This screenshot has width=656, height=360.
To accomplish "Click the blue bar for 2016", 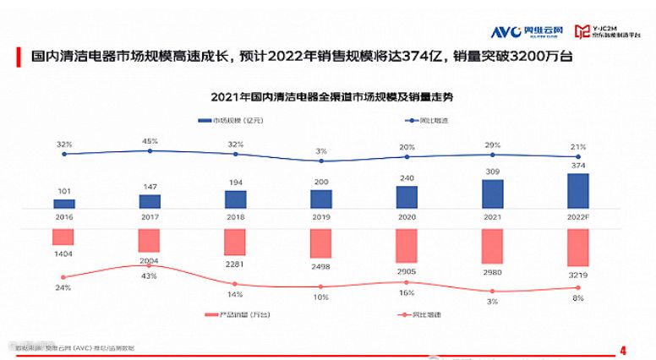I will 64,204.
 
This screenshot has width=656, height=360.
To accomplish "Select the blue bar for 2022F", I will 578,191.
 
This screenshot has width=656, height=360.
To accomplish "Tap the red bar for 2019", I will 321,243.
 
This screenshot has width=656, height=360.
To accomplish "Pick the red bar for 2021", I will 493,246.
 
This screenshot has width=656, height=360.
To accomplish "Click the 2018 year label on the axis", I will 235,218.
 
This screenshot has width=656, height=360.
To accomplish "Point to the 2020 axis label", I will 407,218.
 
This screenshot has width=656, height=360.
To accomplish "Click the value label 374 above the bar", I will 578,166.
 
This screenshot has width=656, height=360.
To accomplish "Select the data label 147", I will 150,186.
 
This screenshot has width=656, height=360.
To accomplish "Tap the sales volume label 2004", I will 150,261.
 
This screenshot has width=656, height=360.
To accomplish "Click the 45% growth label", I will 150,141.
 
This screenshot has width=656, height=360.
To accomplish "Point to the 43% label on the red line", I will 150,276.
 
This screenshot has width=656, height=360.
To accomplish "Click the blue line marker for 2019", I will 321,161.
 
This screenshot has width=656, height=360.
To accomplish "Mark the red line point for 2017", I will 150,265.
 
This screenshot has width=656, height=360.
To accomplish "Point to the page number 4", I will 623,349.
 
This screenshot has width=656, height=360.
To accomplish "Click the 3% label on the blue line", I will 321,150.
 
